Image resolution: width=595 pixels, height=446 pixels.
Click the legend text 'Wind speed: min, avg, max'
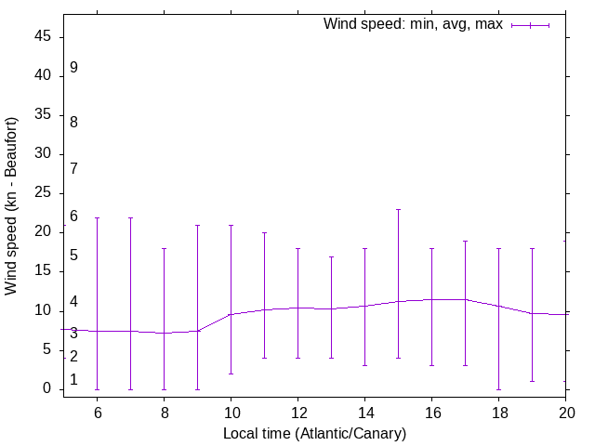point(412,24)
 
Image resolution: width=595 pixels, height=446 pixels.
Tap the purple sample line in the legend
point(530,25)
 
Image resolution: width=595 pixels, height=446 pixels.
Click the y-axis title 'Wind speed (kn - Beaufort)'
point(11,206)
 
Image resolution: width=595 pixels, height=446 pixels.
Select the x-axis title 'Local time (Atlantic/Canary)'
point(314,434)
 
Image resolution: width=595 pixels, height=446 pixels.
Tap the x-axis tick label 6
point(97,411)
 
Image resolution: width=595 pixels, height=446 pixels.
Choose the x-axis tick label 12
point(297,411)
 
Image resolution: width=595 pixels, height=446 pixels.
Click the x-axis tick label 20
point(565,411)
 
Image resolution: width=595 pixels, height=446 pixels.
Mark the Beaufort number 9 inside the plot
point(73,68)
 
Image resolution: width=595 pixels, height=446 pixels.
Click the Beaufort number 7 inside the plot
point(73,168)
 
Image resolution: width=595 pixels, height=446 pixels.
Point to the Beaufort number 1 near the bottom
point(73,379)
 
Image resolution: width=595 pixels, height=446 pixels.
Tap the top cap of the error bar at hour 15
point(398,209)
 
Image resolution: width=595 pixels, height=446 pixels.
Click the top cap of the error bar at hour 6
point(97,217)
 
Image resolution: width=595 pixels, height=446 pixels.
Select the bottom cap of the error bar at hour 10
point(231,374)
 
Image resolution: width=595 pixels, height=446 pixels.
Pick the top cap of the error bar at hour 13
point(331,256)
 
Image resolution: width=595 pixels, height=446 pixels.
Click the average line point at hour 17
point(465,299)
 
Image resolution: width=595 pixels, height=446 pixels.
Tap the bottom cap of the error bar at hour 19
point(532,381)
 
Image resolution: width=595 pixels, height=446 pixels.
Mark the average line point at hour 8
point(164,333)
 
